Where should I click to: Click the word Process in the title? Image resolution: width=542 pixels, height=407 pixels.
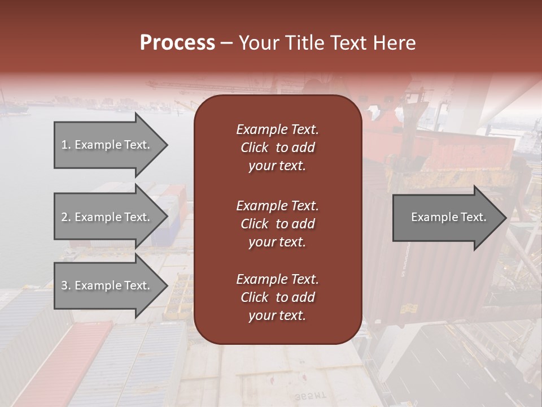tap(177, 43)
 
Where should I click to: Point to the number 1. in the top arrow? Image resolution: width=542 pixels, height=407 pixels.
tap(65, 145)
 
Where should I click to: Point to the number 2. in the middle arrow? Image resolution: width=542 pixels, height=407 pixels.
tap(65, 217)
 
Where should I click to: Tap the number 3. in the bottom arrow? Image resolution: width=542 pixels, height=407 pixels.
tap(65, 285)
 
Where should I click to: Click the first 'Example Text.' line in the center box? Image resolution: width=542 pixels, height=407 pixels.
tap(277, 129)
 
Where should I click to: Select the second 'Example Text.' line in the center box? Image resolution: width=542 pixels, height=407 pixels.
tap(277, 206)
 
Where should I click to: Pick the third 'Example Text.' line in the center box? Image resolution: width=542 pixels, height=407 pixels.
tap(277, 279)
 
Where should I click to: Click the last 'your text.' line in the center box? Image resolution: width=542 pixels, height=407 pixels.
tap(277, 316)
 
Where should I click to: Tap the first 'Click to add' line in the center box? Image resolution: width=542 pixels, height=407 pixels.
tap(277, 148)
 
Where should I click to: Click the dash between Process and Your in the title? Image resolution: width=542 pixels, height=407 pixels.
tap(226, 44)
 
